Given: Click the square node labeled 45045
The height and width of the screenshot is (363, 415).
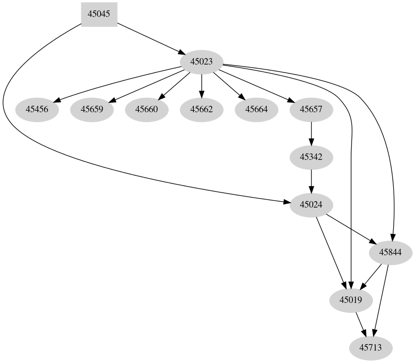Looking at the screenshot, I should point(99,14).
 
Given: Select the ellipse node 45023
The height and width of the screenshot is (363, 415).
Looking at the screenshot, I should point(201,62).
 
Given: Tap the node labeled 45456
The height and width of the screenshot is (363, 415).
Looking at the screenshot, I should point(37,109).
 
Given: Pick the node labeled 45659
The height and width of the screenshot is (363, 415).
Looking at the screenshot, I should point(92,109).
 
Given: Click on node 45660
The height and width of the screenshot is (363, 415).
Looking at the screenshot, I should point(146,109).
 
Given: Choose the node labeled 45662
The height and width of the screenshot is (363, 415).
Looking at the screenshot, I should point(201,109).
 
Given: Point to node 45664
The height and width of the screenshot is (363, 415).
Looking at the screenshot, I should point(256,109).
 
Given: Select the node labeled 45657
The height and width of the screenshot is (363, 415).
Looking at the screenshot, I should point(311,109).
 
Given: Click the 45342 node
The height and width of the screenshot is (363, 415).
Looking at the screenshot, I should point(311,157).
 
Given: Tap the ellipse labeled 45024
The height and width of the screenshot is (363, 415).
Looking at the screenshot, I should point(311,205).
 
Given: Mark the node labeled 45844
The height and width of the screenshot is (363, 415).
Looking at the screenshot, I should point(390,252).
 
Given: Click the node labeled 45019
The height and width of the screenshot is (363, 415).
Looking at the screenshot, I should point(351,300).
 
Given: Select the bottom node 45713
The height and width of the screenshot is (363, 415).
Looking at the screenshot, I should point(370,348).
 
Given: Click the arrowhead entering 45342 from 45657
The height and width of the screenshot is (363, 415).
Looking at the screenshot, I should point(311,141).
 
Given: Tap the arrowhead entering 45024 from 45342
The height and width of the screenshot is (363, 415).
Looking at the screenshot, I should point(311,189).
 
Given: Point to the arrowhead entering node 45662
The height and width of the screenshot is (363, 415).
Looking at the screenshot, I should point(201,93).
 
